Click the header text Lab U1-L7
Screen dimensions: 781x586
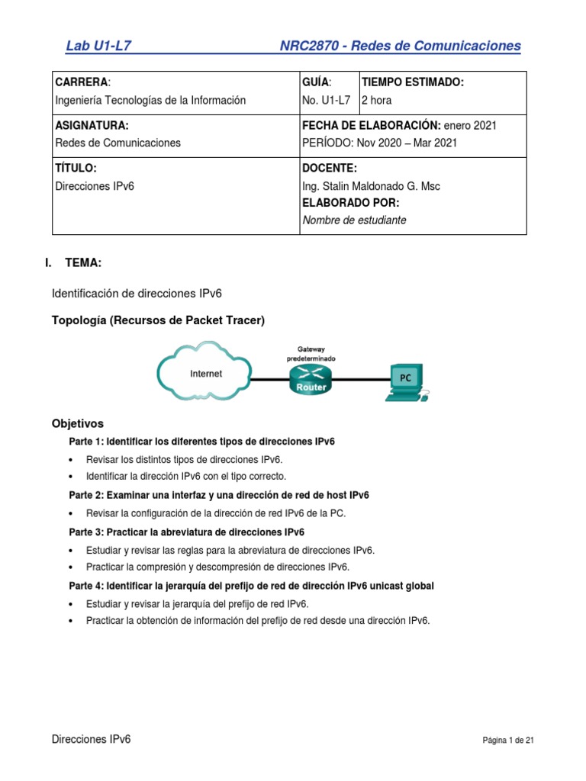click(99, 46)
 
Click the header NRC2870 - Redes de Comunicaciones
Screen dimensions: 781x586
click(401, 46)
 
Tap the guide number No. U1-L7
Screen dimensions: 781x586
click(327, 100)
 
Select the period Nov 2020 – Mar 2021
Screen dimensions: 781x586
click(380, 143)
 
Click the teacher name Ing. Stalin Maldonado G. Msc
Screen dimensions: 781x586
click(371, 186)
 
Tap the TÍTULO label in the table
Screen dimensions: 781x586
click(76, 168)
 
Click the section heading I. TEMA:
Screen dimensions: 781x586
click(73, 263)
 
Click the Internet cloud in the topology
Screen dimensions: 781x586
click(204, 373)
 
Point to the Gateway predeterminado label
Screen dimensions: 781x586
click(311, 353)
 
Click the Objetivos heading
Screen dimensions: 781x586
click(77, 423)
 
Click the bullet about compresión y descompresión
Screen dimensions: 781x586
click(217, 567)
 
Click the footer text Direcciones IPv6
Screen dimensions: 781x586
click(91, 740)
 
